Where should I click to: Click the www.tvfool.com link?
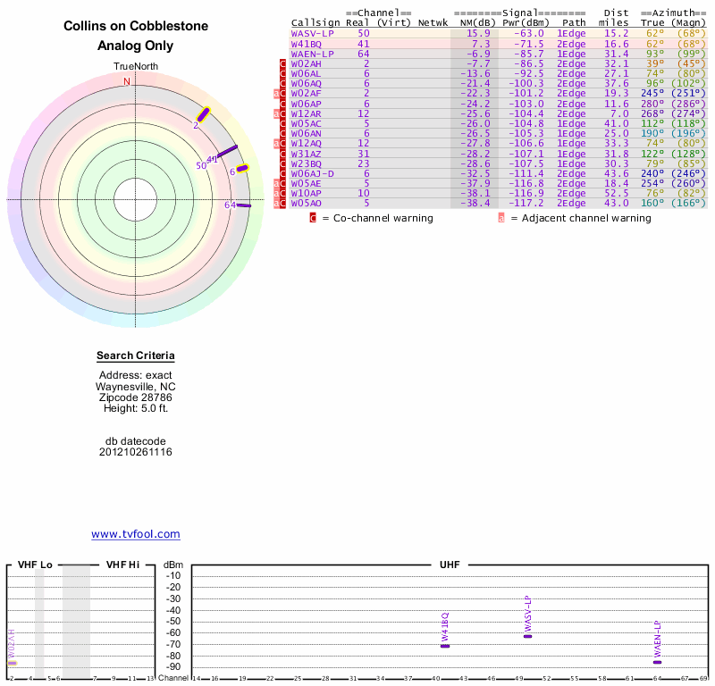coord(136,534)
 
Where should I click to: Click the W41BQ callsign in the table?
coord(306,43)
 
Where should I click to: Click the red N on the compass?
coord(127,81)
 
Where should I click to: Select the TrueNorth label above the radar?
coord(136,67)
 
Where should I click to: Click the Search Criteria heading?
coord(136,356)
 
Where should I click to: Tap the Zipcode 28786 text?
coord(136,397)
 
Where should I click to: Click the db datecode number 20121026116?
coord(136,452)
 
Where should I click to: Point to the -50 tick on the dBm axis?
coord(173,621)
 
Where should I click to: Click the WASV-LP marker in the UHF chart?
coord(527,635)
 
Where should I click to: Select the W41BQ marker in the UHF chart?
coord(445,645)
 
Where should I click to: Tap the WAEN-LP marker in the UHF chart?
coord(657,661)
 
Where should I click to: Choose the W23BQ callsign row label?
coord(306,163)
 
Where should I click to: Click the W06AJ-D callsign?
coord(313,173)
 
